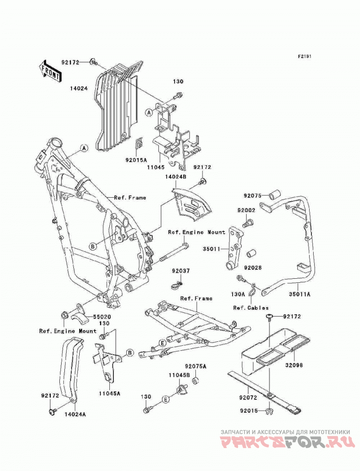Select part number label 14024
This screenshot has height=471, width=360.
point(79,89)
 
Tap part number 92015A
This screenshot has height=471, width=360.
point(136,160)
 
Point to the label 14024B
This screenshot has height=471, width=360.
point(175,177)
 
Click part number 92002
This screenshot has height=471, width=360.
point(247,211)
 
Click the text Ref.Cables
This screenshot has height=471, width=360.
point(251,308)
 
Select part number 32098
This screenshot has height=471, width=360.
point(294,365)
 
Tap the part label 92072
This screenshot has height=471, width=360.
point(248,398)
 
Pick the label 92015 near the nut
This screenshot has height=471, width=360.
point(248,411)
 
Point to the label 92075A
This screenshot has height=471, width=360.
point(196,367)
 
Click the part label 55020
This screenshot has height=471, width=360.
point(102,317)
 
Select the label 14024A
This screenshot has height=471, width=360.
point(75,414)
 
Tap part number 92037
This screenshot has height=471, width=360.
point(181,271)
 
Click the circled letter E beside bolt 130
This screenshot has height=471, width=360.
point(165,399)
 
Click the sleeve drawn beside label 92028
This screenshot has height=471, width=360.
point(251,254)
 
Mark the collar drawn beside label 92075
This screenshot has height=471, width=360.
point(274,194)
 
